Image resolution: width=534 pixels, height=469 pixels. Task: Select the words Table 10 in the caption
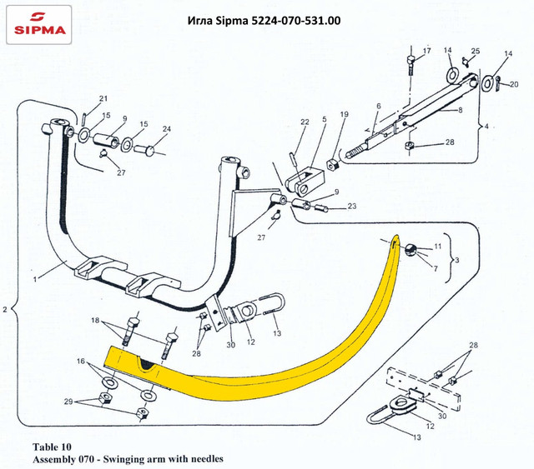(x=56, y=447)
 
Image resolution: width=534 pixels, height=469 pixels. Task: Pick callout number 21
(x=104, y=98)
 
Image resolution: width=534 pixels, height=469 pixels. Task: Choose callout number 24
(x=167, y=129)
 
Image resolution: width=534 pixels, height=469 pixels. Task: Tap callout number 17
(x=426, y=52)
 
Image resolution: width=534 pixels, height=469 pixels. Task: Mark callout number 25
(x=476, y=52)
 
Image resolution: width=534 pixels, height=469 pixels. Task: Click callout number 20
(x=514, y=83)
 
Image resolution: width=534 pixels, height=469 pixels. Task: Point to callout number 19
(x=343, y=113)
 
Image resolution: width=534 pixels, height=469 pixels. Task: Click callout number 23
(x=352, y=206)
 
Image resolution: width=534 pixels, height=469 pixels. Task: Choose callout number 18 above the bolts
(x=94, y=321)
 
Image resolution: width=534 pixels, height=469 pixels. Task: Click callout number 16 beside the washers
(x=81, y=363)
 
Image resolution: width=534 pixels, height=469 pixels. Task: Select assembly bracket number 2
(x=6, y=310)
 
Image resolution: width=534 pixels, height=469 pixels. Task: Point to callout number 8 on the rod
(x=459, y=109)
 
